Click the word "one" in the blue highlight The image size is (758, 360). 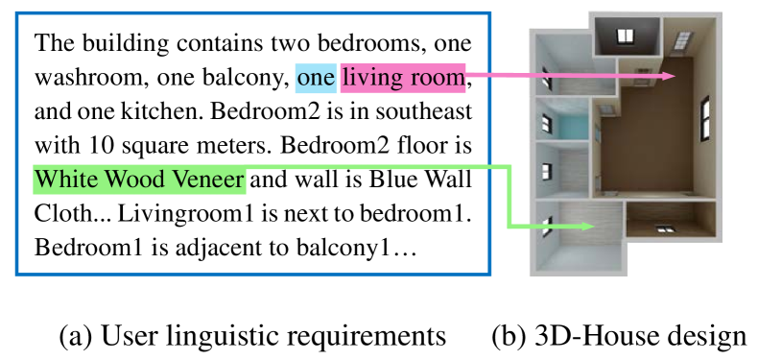coord(316,78)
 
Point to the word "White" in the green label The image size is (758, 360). coord(66,180)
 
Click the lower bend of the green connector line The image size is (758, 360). coord(509,227)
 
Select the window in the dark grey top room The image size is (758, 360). coord(626,36)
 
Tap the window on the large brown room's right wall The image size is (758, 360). coord(706,118)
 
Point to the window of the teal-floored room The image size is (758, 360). coord(547,124)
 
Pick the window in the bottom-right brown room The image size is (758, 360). coord(663,228)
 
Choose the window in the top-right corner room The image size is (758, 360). coord(684,39)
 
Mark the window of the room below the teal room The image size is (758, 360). coord(546,172)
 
